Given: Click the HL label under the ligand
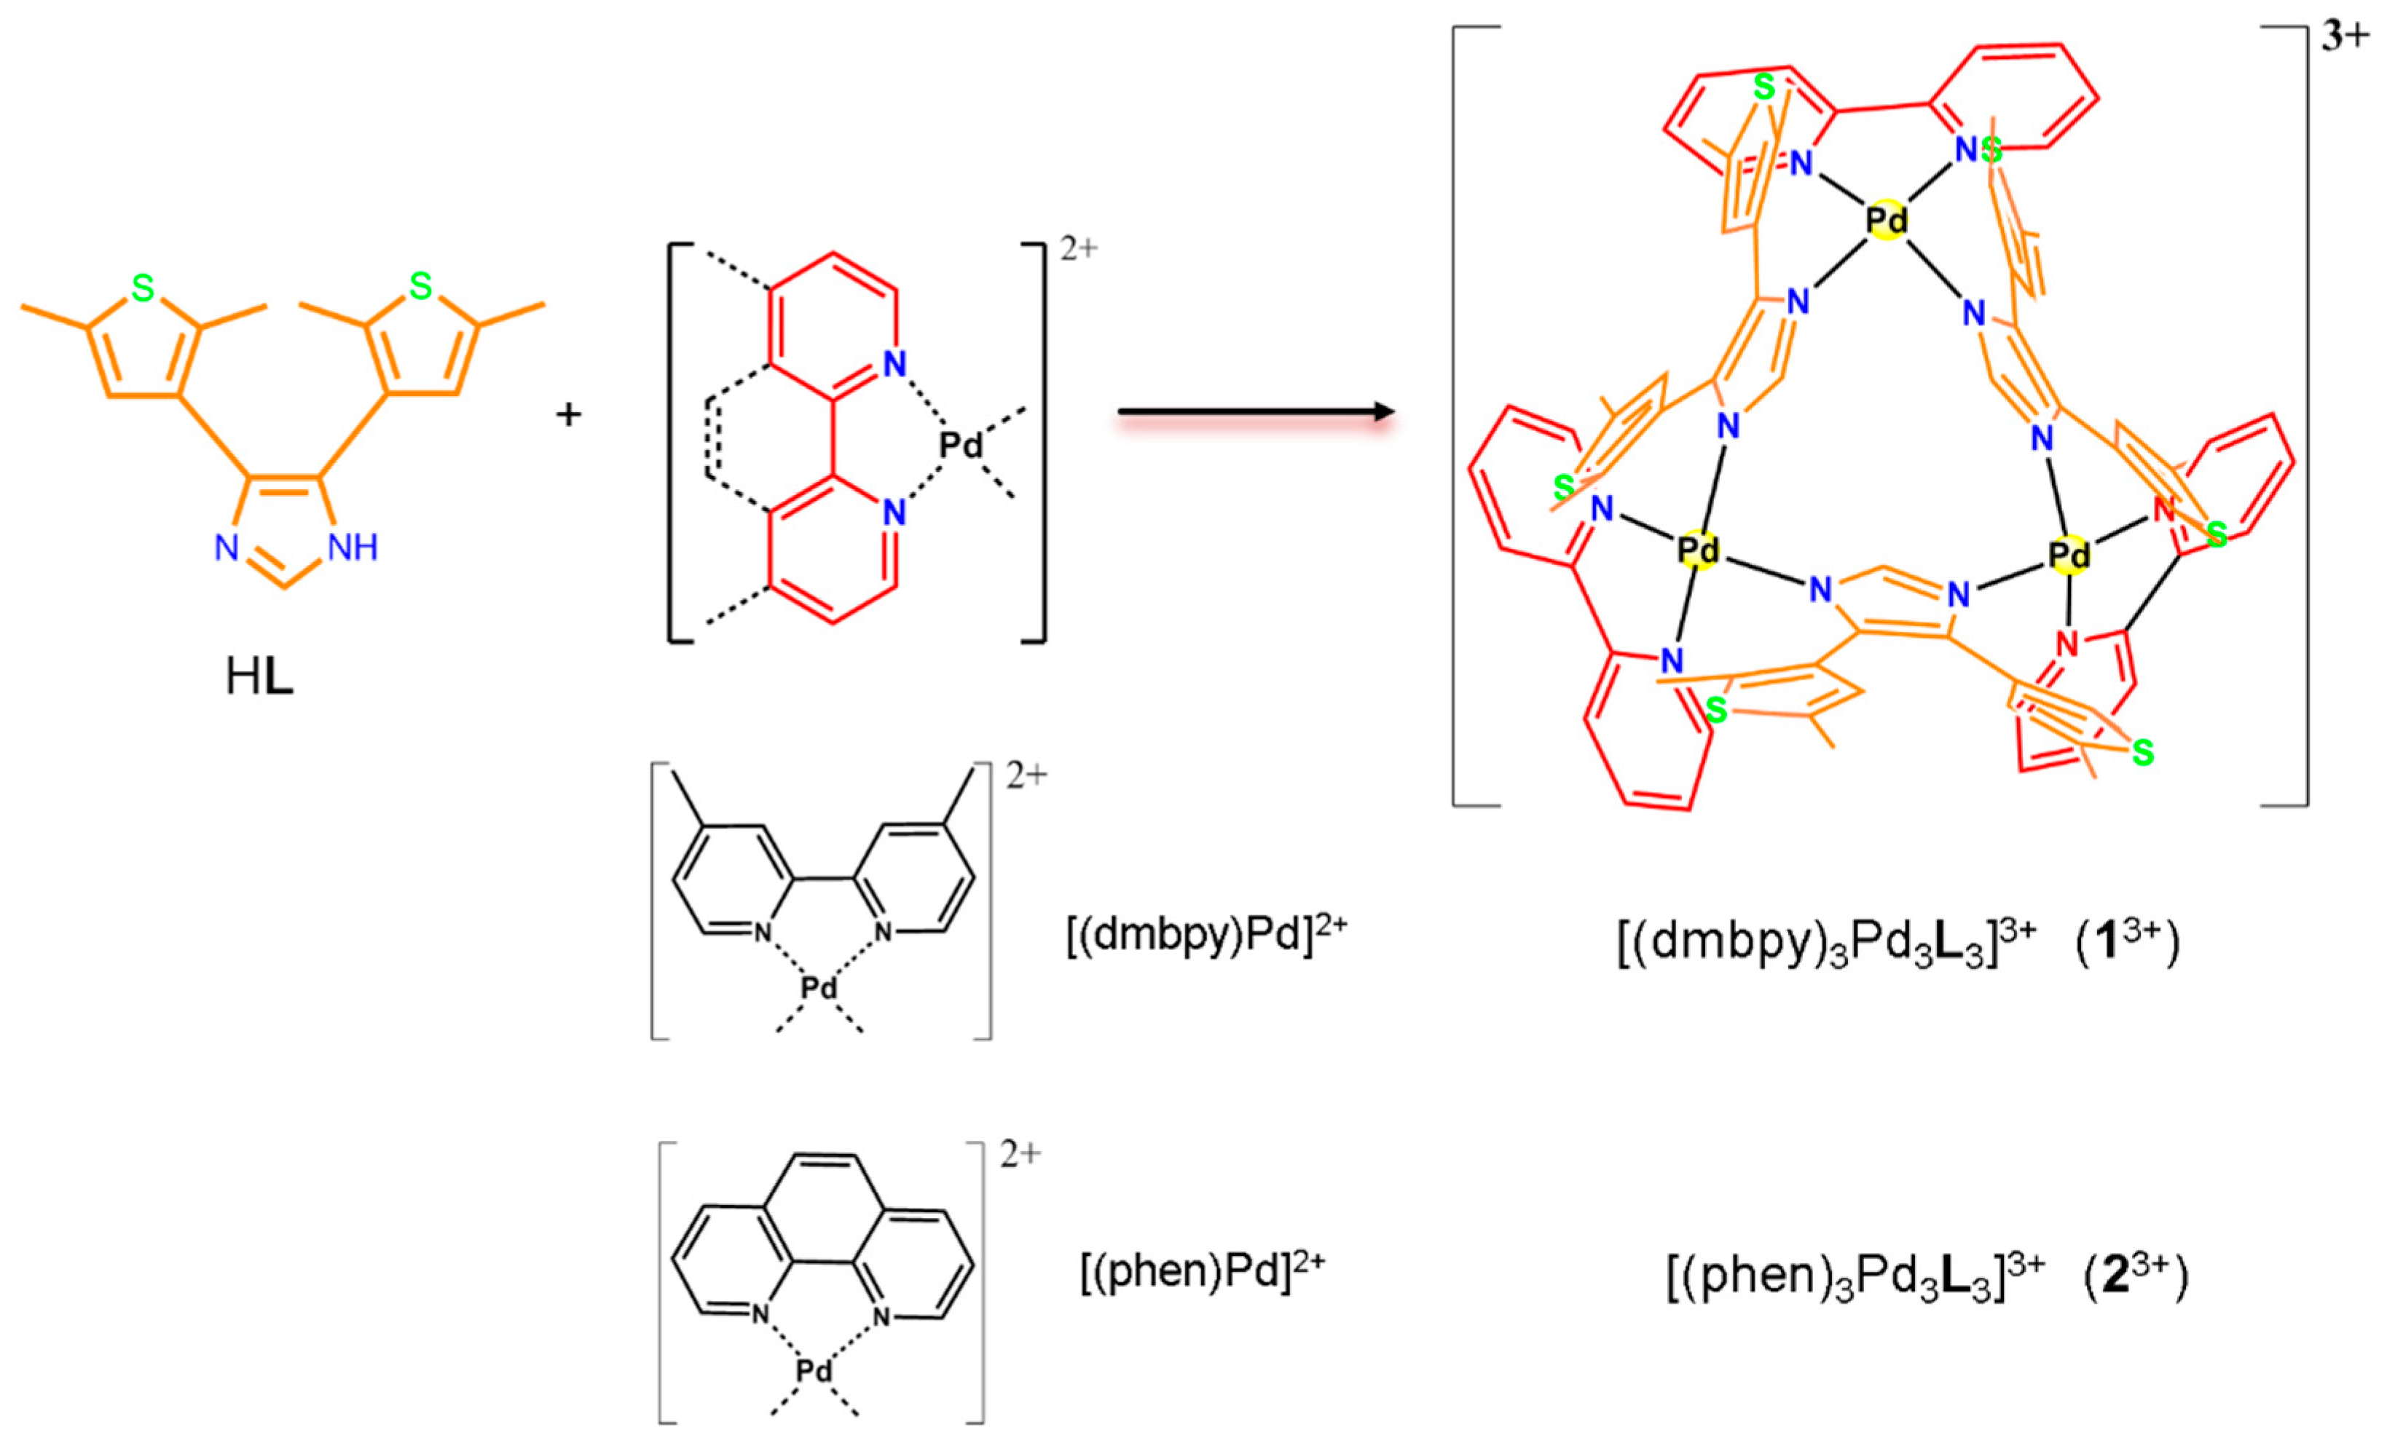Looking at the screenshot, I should (x=259, y=678).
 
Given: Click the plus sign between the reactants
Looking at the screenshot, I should (x=569, y=414).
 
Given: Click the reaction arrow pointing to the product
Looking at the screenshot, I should (x=1256, y=413).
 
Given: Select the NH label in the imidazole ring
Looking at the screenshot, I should (x=353, y=548).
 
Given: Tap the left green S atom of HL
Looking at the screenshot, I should (x=143, y=288).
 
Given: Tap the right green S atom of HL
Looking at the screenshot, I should (x=420, y=285).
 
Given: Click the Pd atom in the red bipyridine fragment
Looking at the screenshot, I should (x=961, y=446).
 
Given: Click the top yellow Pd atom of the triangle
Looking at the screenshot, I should (x=1887, y=221).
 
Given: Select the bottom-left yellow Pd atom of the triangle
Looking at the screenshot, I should (x=1697, y=550).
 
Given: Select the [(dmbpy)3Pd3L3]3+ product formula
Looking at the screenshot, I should (x=1826, y=944).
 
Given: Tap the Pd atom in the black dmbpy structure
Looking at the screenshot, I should (x=819, y=989).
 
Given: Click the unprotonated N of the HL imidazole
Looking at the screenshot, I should (x=227, y=548).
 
